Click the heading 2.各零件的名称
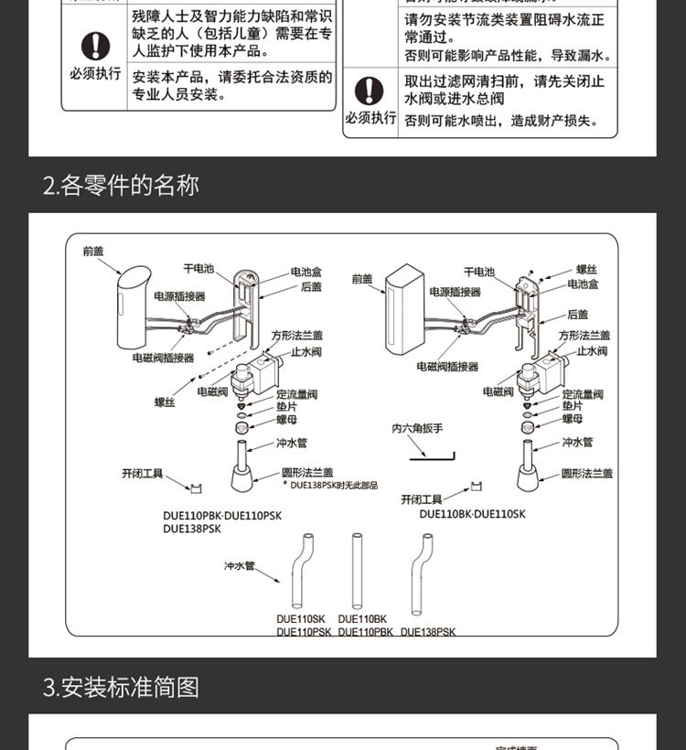(121, 186)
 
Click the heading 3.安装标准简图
(121, 687)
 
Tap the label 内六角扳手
(417, 428)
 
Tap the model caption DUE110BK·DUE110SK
(473, 514)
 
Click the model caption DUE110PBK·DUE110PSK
(222, 516)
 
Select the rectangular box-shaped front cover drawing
(402, 311)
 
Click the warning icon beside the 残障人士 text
(95, 46)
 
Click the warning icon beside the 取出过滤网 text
(370, 91)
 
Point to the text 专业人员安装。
(179, 94)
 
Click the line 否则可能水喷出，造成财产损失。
(501, 121)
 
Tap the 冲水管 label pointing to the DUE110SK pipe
(240, 566)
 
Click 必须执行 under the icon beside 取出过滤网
(370, 118)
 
